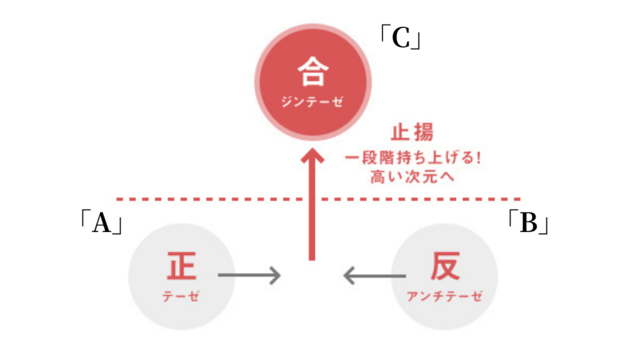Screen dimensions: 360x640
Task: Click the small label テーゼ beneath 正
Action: [x=181, y=296]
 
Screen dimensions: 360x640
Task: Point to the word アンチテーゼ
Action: [x=445, y=296]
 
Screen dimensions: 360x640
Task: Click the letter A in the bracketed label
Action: [x=101, y=223]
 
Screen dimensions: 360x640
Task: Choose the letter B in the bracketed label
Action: [x=529, y=223]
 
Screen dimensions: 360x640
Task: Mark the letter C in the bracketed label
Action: [x=400, y=39]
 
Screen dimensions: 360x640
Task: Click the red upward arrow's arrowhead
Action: [x=312, y=157]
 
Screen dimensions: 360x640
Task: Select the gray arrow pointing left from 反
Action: [x=376, y=275]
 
